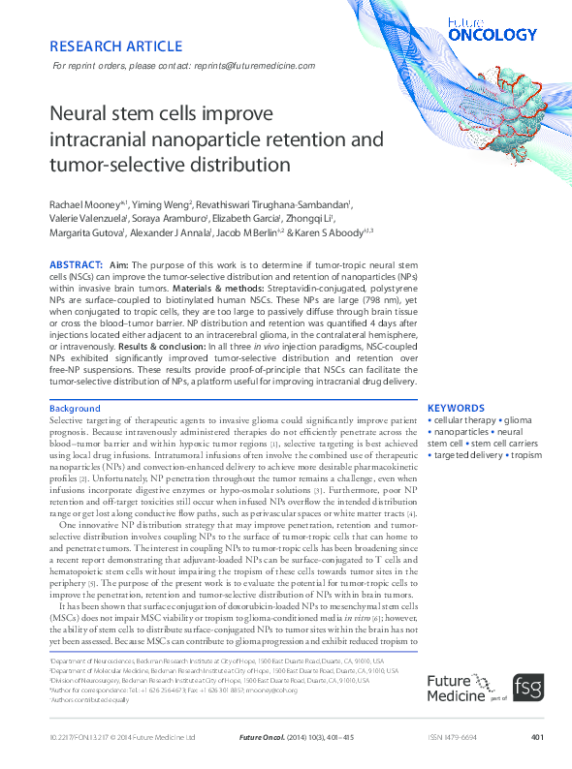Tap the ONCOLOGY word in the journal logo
[x=493, y=35]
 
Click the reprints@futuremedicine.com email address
[x=254, y=65]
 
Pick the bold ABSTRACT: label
[x=76, y=264]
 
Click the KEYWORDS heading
[x=456, y=409]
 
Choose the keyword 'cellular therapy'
[x=462, y=422]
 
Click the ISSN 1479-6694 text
[x=455, y=738]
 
